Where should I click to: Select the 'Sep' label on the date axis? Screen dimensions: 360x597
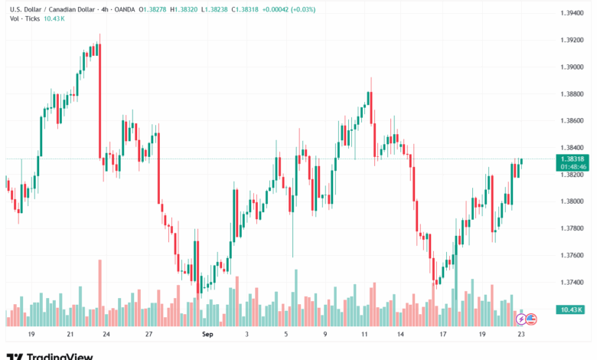pos(207,335)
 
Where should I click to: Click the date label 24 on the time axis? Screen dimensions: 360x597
pos(106,335)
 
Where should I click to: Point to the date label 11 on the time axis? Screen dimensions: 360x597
pos(365,335)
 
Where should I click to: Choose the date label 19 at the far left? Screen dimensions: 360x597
pos(31,335)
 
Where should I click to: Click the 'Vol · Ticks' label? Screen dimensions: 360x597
pos(21,18)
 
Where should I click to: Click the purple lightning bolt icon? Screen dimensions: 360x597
pos(521,319)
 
